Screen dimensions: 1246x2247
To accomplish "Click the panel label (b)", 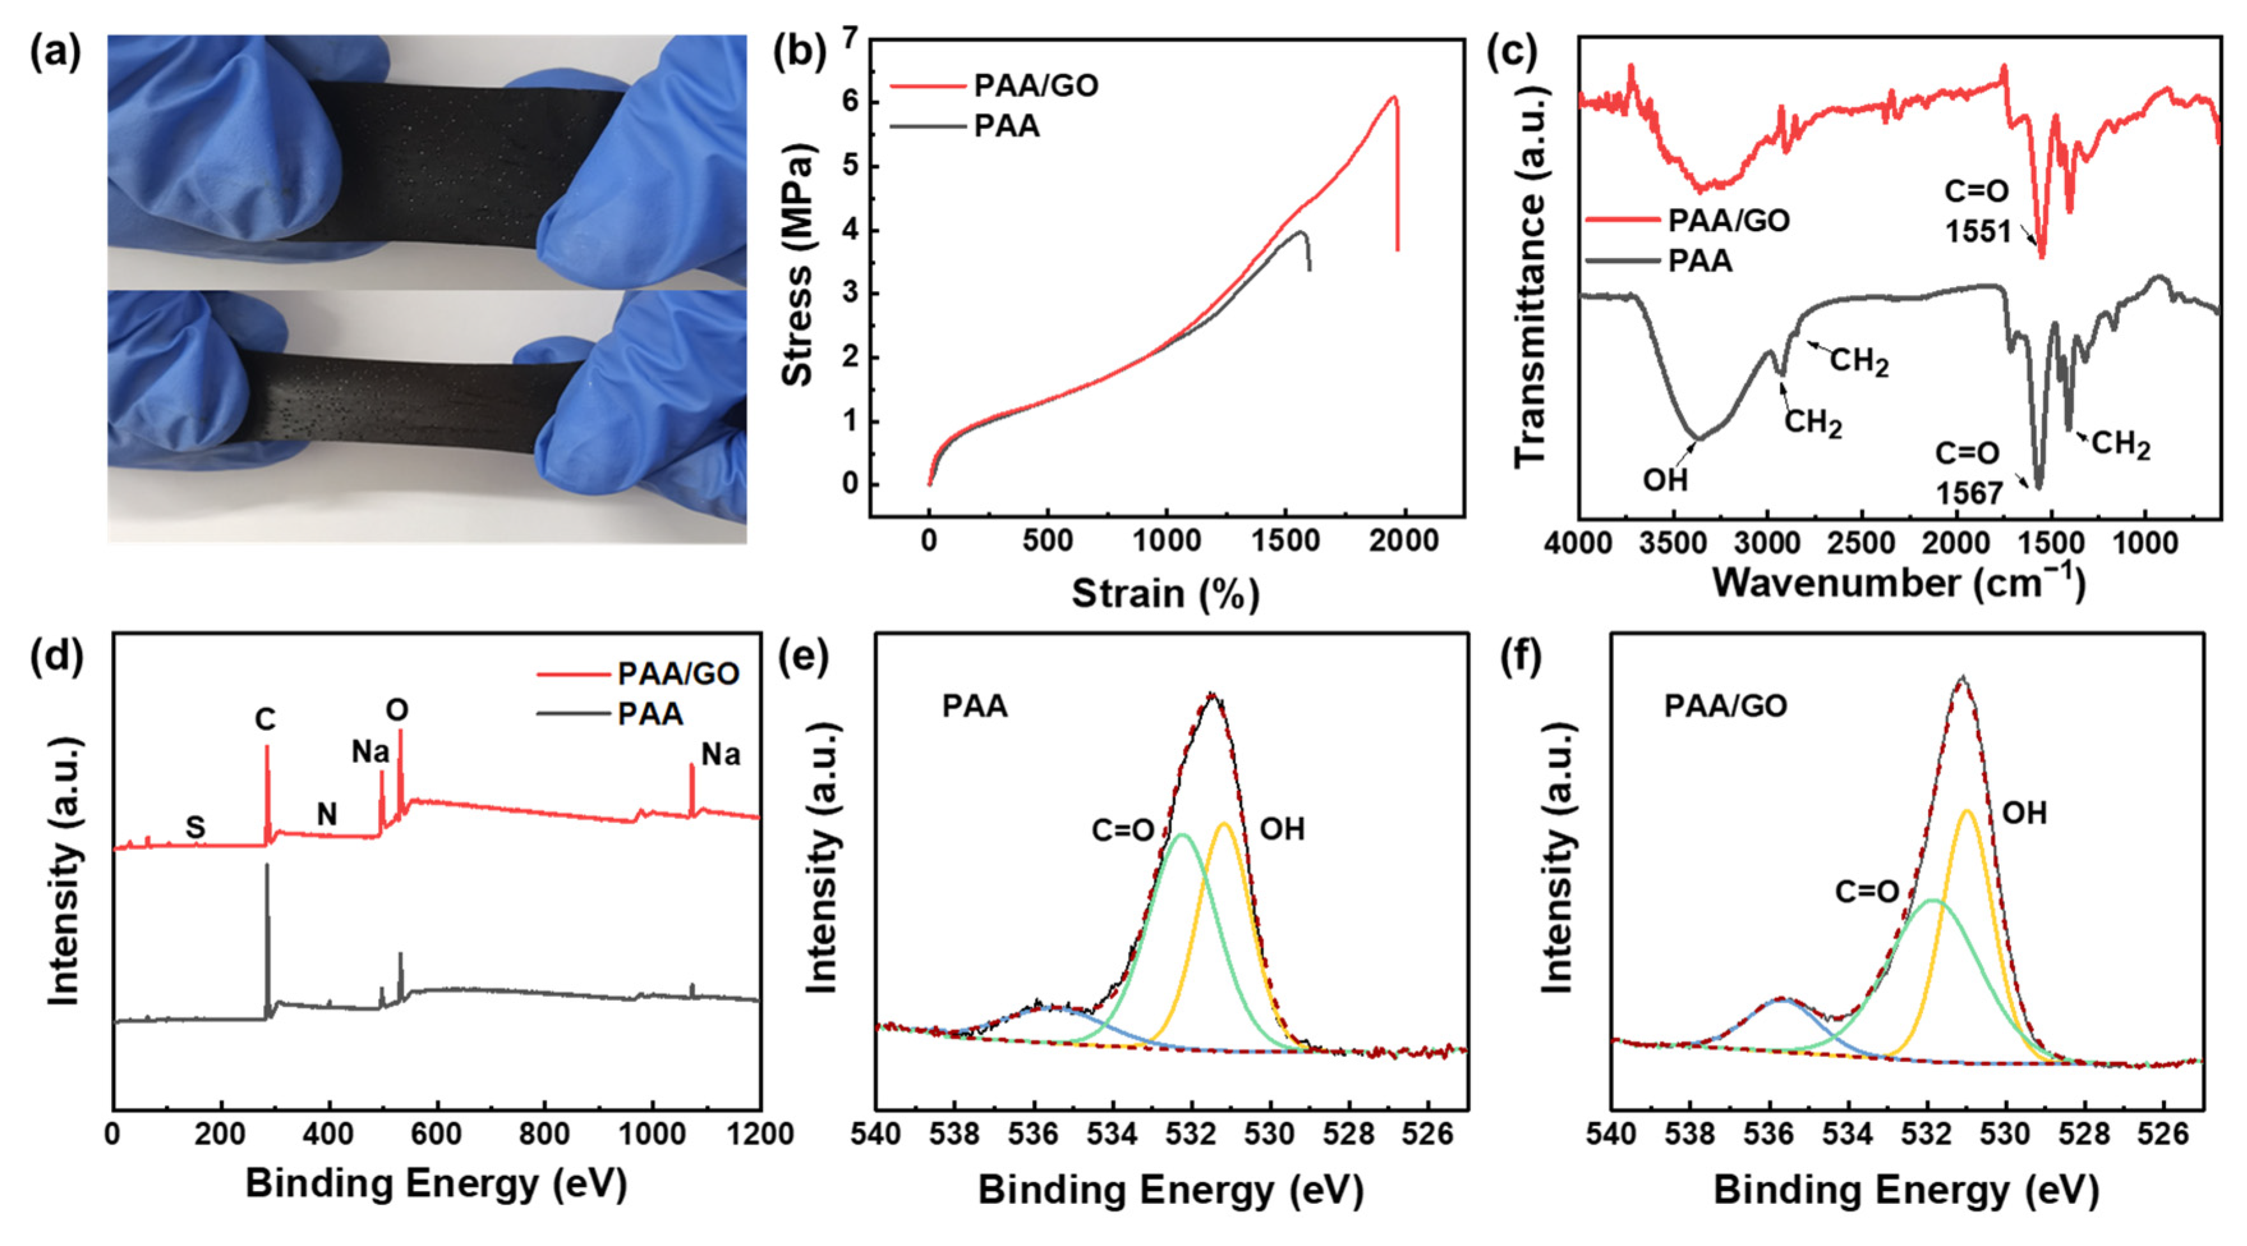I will pyautogui.click(x=799, y=54).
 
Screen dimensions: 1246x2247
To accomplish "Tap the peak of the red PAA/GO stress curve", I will pyautogui.click(x=1394, y=97).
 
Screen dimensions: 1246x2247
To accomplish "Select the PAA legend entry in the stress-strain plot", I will pyautogui.click(x=1007, y=126).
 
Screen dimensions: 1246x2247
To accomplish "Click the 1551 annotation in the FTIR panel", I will pyautogui.click(x=1977, y=232).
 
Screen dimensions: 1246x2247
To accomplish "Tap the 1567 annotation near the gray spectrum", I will pyautogui.click(x=1969, y=493).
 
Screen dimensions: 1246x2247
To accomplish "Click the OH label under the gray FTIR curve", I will pyautogui.click(x=1665, y=479).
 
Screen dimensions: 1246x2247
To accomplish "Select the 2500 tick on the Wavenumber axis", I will pyautogui.click(x=1861, y=544).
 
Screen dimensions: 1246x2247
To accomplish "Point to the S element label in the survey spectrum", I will pyautogui.click(x=195, y=827).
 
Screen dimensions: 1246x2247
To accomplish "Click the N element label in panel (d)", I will pyautogui.click(x=326, y=814).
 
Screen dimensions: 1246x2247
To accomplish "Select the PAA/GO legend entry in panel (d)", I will pyautogui.click(x=678, y=673).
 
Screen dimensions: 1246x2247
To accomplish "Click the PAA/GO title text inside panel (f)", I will pyautogui.click(x=1725, y=705).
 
